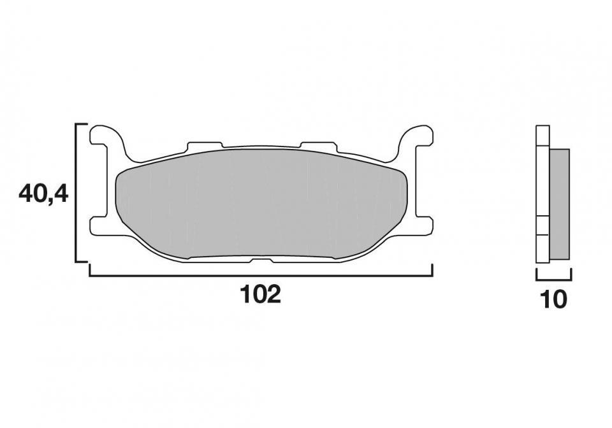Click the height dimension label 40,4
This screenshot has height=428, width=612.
[43, 193]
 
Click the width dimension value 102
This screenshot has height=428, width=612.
[260, 294]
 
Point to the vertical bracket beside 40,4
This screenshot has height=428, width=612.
[77, 193]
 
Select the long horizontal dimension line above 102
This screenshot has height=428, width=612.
[261, 276]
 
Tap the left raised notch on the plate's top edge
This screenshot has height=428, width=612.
[204, 146]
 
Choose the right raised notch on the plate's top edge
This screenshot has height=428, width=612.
[319, 146]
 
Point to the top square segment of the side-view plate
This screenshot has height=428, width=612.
[543, 136]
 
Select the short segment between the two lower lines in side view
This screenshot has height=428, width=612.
[543, 226]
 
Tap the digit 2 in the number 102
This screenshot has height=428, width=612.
[273, 294]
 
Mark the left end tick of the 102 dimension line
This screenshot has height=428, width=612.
[90, 270]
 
